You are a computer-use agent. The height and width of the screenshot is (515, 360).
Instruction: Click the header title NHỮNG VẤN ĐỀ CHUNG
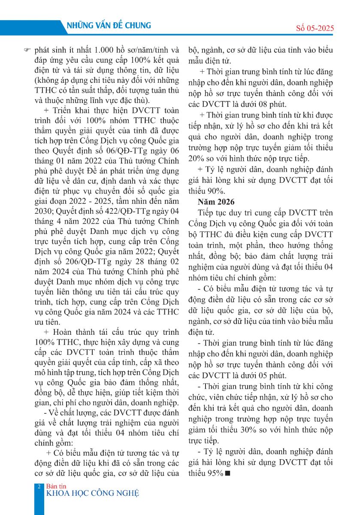109,26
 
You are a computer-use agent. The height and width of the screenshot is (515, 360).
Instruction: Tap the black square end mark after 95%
227,473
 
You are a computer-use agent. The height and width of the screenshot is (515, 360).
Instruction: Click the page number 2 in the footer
39,487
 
